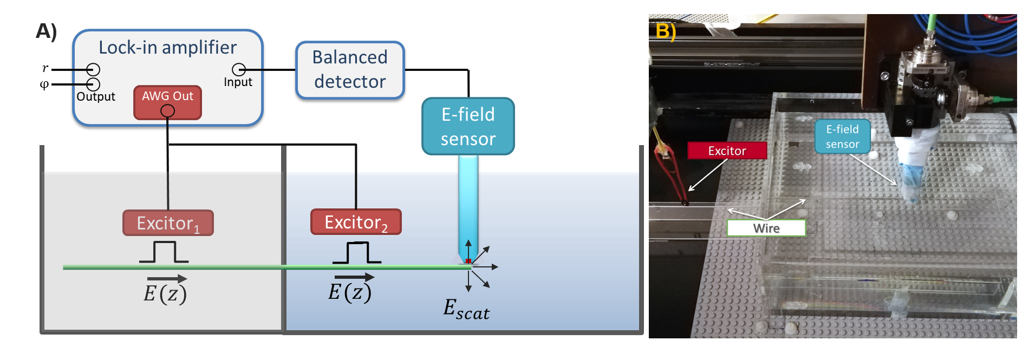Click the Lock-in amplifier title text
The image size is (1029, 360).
(x=167, y=48)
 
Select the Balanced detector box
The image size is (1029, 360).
(x=350, y=70)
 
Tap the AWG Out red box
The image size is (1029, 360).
(x=167, y=102)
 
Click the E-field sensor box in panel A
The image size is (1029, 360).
(x=468, y=126)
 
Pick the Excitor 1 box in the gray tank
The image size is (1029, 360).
(x=168, y=222)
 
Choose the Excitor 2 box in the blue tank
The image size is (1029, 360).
(x=356, y=222)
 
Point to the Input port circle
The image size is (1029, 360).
(x=239, y=70)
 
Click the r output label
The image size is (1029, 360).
(x=45, y=68)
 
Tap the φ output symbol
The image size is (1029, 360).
(x=44, y=84)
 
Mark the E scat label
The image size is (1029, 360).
(x=466, y=310)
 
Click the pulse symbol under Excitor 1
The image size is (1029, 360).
(x=164, y=252)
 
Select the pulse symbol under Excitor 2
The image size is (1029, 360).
(x=357, y=253)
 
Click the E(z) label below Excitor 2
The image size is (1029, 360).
(x=350, y=291)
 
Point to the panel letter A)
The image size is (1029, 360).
(x=47, y=31)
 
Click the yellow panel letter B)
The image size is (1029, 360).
(x=666, y=31)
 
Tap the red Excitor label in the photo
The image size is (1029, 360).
(x=727, y=150)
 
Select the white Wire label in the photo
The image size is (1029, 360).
(x=766, y=228)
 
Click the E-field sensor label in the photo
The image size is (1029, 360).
(x=842, y=136)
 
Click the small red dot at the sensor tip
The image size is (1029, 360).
(x=468, y=261)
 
